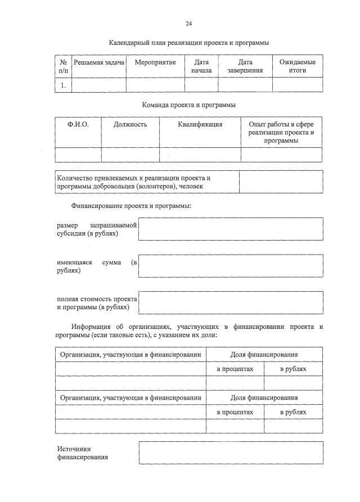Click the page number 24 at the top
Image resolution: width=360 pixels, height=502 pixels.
(189, 24)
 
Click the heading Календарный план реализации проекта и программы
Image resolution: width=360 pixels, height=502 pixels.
(189, 43)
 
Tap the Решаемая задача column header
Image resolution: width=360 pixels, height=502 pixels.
(99, 62)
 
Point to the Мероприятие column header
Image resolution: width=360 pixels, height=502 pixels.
(155, 62)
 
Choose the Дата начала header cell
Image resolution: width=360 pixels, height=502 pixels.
(201, 66)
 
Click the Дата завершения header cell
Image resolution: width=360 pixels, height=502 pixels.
(245, 66)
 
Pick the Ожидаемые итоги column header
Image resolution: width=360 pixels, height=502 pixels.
(298, 66)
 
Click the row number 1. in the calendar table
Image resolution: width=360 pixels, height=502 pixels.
(64, 85)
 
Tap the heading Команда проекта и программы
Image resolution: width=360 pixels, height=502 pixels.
(189, 105)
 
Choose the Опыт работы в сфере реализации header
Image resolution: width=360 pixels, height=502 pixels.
(281, 132)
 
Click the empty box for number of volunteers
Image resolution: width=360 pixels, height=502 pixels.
(281, 182)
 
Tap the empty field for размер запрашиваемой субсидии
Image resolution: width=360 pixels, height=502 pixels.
(231, 229)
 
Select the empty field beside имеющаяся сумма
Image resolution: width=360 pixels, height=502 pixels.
(231, 266)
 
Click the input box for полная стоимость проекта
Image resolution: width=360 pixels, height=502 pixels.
(231, 302)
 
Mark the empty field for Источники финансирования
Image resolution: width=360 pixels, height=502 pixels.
(231, 453)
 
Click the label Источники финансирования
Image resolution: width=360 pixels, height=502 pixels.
(83, 453)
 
